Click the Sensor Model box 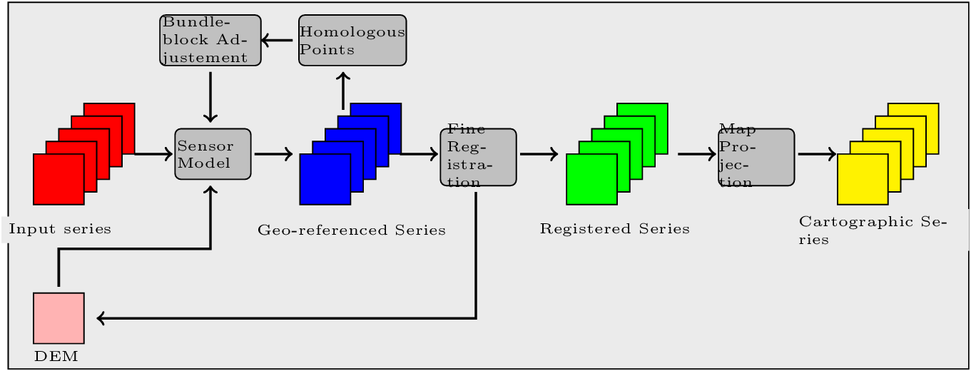[213, 153]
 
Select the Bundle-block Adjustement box [210, 40]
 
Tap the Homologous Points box [352, 40]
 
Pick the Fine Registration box [478, 158]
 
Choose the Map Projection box [756, 158]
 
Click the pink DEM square [59, 317]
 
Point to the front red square [59, 179]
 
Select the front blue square [325, 179]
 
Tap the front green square [591, 179]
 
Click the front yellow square [862, 179]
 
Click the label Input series [60, 229]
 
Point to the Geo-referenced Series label [352, 230]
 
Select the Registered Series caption [615, 229]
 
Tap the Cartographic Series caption [872, 230]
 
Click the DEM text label [56, 356]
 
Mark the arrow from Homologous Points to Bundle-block [279, 40]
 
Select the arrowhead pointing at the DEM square [101, 318]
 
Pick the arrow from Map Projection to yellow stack [815, 153]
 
